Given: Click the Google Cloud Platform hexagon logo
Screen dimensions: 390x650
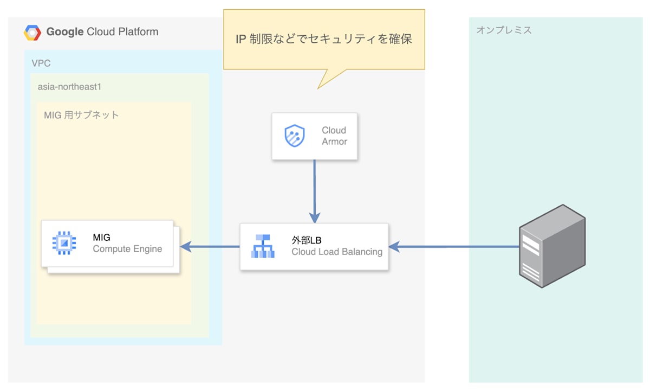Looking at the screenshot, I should [32, 33].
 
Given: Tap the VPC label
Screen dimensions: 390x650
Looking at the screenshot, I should [41, 63].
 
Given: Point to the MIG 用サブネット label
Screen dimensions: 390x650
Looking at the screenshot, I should [81, 115].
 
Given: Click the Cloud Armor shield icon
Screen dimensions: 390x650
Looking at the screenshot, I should [295, 136].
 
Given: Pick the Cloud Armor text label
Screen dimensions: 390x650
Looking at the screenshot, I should [334, 136].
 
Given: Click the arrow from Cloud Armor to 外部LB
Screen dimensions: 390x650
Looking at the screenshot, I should [314, 190].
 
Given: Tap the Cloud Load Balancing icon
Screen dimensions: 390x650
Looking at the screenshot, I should [263, 246].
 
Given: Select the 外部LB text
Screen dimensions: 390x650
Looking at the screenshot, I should [307, 240].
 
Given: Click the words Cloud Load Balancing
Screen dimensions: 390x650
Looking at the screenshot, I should [337, 252].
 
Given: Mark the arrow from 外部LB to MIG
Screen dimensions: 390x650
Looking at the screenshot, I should [210, 247].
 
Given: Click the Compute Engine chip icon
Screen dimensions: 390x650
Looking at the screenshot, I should [64, 243].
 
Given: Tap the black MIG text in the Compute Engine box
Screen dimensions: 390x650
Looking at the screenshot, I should [102, 238].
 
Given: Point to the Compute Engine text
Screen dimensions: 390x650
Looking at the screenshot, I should [127, 249].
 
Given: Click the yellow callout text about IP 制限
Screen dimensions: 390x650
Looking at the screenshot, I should [324, 40].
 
